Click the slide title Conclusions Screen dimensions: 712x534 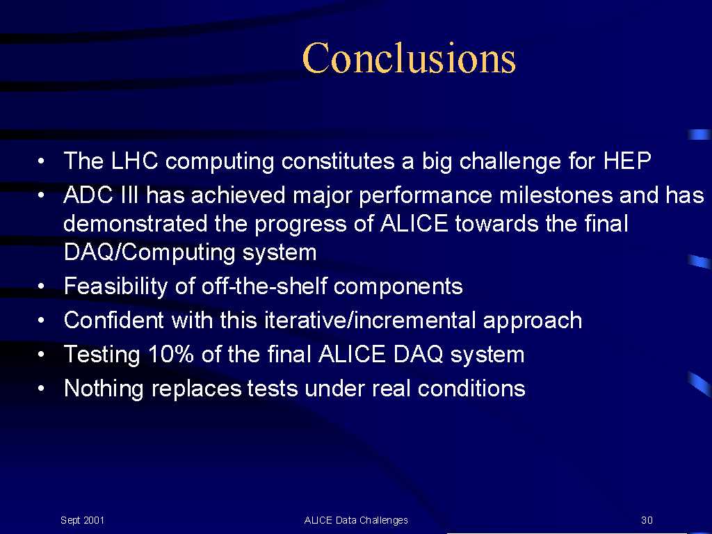pyautogui.click(x=409, y=58)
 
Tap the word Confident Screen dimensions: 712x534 pyautogui.click(x=113, y=320)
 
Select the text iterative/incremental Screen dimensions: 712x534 pyautogui.click(x=370, y=320)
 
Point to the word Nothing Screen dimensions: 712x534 pyautogui.click(x=104, y=389)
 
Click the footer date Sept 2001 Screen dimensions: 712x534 pyautogui.click(x=82, y=520)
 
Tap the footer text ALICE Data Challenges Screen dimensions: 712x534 pyautogui.click(x=356, y=520)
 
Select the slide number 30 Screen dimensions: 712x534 pyautogui.click(x=647, y=520)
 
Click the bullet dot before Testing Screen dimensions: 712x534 pyautogui.click(x=41, y=355)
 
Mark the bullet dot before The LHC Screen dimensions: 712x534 pyautogui.click(x=41, y=161)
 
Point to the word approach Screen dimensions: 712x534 pyautogui.click(x=532, y=321)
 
